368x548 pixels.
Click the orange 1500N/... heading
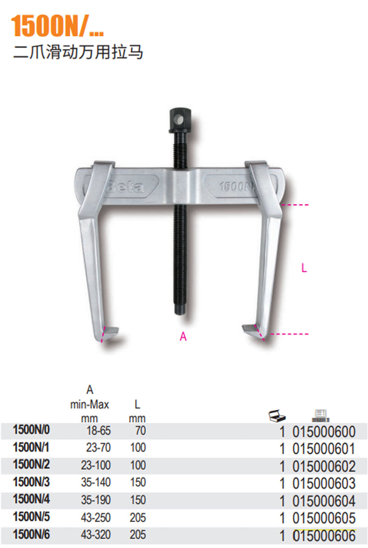point(57,26)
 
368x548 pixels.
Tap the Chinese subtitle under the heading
point(78,52)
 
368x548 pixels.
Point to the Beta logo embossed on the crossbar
point(125,187)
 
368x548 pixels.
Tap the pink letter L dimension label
point(304,268)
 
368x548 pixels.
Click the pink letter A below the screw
point(183,337)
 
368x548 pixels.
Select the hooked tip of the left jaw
point(110,333)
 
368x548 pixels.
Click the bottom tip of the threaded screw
point(180,313)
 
